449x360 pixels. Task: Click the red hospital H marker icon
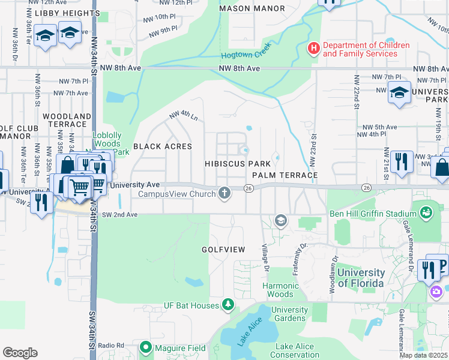point(312,49)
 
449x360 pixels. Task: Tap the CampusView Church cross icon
point(224,193)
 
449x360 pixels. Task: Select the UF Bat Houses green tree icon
point(228,305)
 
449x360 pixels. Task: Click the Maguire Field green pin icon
point(145,347)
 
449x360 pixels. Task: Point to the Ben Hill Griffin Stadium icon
point(426,212)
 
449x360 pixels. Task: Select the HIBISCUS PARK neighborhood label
point(237,164)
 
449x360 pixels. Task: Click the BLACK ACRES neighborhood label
point(162,146)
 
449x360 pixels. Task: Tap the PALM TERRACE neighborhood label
point(285,175)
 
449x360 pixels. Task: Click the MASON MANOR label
point(243,9)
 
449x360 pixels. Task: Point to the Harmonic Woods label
point(280,290)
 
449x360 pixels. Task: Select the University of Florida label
point(360,278)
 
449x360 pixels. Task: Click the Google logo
point(20,352)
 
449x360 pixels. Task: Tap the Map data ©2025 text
point(423,355)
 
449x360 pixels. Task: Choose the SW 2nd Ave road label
point(121,214)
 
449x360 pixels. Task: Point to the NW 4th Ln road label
point(183,115)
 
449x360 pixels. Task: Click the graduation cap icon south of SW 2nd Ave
point(280,221)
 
